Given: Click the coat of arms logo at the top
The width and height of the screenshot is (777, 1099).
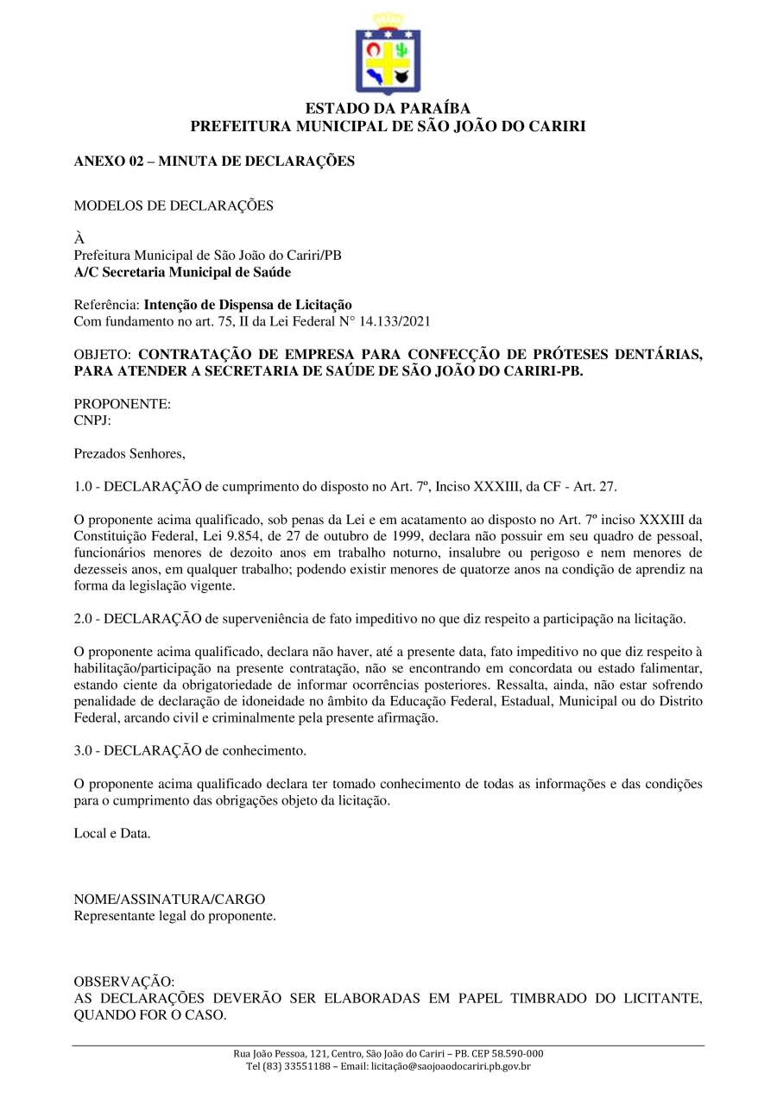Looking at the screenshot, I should pos(388,54).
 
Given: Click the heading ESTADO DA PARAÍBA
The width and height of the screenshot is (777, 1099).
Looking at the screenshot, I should pos(388,109).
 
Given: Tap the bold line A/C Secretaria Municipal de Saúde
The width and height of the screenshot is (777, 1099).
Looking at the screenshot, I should pos(182,272).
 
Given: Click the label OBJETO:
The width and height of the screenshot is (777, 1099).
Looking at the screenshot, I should pos(102,355).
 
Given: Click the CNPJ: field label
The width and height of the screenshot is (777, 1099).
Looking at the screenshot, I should pos(92,420).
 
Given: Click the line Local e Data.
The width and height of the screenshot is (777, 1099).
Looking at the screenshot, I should pos(112,833).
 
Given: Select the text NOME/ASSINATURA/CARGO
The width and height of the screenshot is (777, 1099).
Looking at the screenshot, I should pos(169,899).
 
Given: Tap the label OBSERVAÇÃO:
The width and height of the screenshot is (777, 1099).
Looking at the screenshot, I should pos(123,982).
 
